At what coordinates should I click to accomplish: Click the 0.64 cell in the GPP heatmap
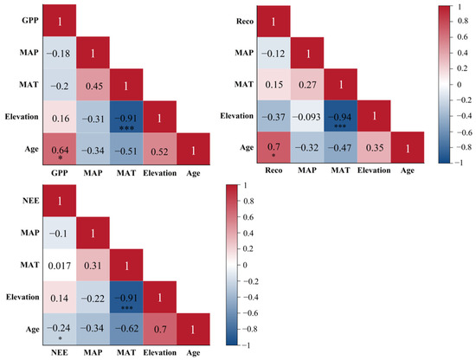coord(60,149)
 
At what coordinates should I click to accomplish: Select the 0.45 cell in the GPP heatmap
coord(93,85)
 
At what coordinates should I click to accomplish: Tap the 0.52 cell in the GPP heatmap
coord(160,149)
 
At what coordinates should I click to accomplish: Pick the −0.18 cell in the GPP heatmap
coord(60,53)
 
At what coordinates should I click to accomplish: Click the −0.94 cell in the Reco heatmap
coord(341,116)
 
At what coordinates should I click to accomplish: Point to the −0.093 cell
coord(307,116)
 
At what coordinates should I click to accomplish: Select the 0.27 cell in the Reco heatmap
coord(307,85)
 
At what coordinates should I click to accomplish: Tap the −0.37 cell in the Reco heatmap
coord(273,116)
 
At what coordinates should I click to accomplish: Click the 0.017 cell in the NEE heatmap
coord(60,266)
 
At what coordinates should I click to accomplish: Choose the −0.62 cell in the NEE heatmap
coord(126,329)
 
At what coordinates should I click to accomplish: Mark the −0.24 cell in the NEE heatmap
coord(60,329)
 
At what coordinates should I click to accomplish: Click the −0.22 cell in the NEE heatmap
coord(93,298)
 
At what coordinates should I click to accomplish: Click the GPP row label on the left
coord(30,21)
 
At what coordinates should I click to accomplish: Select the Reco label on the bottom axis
coord(273,170)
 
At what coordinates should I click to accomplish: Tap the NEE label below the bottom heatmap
coord(60,352)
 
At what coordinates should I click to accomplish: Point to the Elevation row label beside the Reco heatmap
coord(237,116)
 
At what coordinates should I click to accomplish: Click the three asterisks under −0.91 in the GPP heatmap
coord(126,128)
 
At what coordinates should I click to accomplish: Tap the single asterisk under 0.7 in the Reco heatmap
coord(273,156)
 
